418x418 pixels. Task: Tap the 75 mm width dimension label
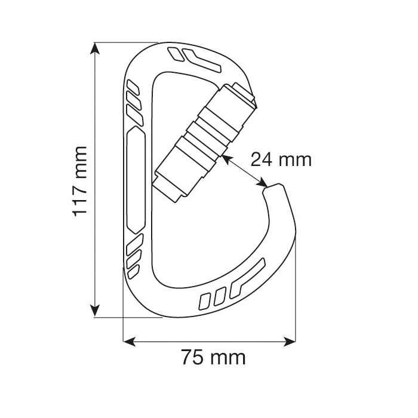click(x=213, y=358)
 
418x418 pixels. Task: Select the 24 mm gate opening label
click(x=281, y=159)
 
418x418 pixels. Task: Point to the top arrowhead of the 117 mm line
click(x=94, y=48)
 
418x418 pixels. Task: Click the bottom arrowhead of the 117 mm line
click(x=94, y=311)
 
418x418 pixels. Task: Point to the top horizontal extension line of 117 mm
click(x=125, y=42)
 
